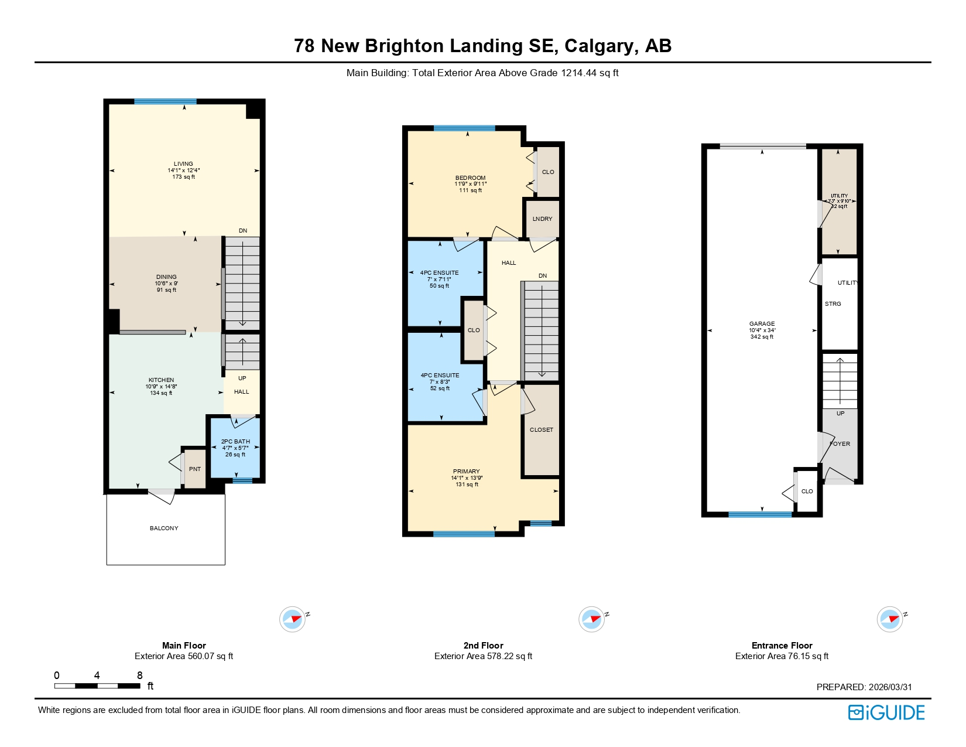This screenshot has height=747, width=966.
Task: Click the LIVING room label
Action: pos(183,164)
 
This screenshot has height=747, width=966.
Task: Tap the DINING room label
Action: pos(166,277)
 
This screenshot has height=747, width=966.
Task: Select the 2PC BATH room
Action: pos(235,448)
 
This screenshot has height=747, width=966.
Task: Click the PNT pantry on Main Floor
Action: pos(195,469)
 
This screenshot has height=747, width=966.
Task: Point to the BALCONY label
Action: pos(164,528)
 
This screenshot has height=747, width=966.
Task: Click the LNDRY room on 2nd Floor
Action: pos(542,219)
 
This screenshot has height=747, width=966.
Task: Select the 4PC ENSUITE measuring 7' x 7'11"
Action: pos(439,279)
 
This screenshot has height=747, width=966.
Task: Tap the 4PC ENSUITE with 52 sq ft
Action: pos(440,381)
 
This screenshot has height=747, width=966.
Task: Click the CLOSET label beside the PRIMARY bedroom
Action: pos(541,430)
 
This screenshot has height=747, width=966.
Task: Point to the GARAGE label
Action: pos(762,324)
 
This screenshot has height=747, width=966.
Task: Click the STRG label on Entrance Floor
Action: pos(833,304)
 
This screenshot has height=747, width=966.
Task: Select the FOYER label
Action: pos(840,444)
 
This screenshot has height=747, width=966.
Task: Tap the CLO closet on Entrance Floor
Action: pos(807,492)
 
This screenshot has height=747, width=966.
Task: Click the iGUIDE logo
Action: pos(886,712)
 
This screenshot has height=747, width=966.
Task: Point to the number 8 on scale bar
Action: pos(139,676)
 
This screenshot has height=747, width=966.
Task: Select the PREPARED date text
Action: pos(864,687)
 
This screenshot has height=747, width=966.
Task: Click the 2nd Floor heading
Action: pos(483,646)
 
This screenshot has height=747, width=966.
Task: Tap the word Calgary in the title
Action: pos(598,46)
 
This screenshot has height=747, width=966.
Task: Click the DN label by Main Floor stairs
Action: pos(243,231)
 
